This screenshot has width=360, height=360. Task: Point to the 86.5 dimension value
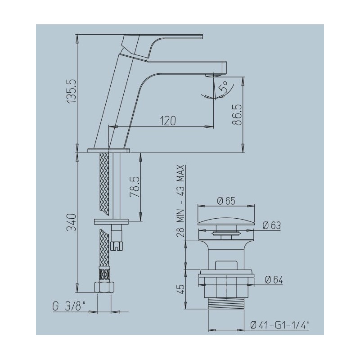pos(237,115)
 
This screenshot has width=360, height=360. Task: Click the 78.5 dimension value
pos(135,187)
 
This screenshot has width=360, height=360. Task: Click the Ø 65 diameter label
pos(226,201)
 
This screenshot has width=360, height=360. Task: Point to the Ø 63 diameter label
pos(272,225)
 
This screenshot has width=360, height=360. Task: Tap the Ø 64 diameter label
pos(274,280)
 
